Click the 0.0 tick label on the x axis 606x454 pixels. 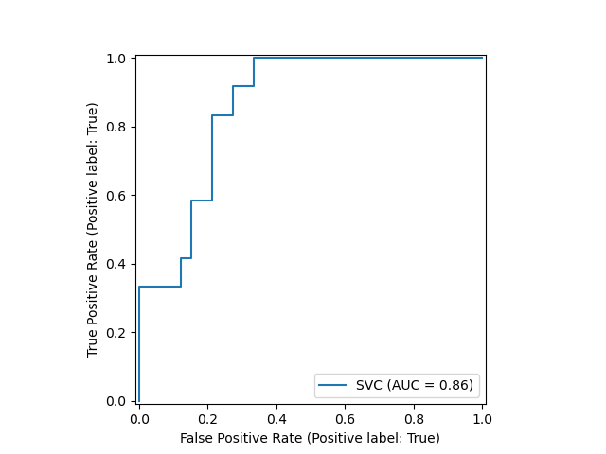point(139,418)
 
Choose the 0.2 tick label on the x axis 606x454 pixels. point(208,418)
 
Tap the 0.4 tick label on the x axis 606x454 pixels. point(276,418)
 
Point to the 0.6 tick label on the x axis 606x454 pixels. point(346,418)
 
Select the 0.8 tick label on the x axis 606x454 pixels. point(414,418)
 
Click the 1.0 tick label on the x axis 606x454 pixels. point(483,418)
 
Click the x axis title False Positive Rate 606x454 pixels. point(311,438)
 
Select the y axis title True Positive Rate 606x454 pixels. point(93,230)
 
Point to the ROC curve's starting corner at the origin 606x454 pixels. point(139,401)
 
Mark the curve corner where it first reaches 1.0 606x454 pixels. point(254,58)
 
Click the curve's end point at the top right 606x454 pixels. point(483,58)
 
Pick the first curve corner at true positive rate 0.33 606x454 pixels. point(139,287)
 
